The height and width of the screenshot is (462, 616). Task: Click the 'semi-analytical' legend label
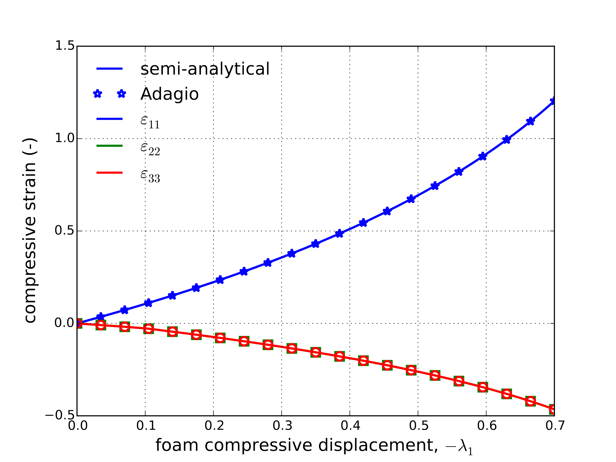(x=205, y=69)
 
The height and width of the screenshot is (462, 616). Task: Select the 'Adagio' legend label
(x=169, y=94)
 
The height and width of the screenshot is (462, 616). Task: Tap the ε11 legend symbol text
(x=150, y=121)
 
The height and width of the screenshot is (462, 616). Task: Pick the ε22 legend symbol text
(x=150, y=148)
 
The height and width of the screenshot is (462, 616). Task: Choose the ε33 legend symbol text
(x=150, y=175)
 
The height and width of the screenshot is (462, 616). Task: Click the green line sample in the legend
(x=109, y=146)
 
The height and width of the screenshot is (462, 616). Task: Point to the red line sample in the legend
(x=109, y=173)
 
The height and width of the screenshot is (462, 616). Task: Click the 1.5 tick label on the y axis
(x=65, y=46)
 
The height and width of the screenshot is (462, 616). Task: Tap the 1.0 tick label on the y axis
(x=65, y=138)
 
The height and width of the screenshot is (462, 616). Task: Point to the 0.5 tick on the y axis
(x=65, y=230)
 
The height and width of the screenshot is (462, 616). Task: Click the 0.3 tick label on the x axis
(x=282, y=426)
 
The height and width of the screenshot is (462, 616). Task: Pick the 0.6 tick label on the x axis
(x=487, y=426)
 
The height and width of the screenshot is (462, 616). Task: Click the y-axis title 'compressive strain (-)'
(x=30, y=230)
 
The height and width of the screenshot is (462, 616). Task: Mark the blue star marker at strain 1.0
(x=507, y=140)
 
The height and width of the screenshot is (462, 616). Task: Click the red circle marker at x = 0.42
(x=363, y=361)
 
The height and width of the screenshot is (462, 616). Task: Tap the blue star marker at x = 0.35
(x=315, y=244)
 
